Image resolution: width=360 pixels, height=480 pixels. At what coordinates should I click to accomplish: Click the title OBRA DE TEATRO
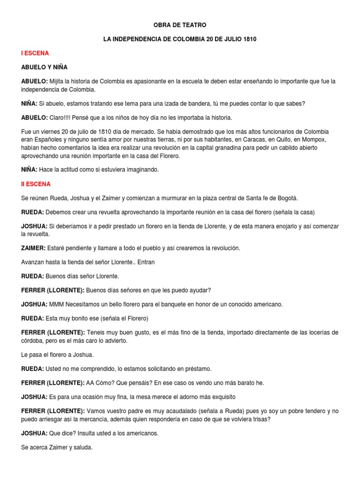180,24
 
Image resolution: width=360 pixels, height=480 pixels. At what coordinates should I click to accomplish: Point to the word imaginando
141,170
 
